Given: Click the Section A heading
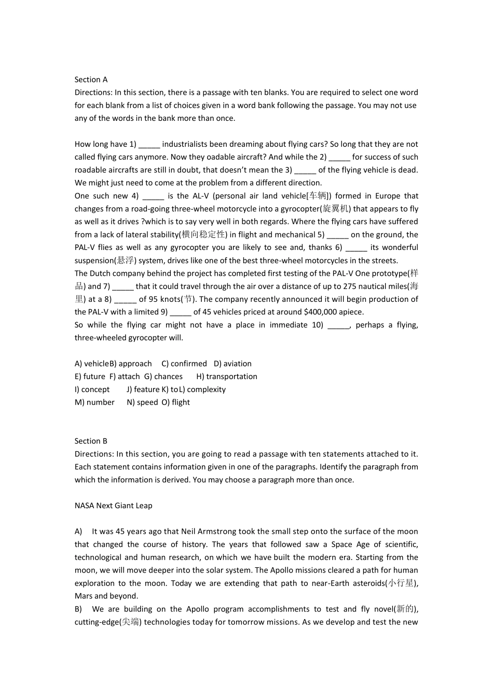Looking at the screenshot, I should pos(91,79).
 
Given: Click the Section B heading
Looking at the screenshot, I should pos(91,441).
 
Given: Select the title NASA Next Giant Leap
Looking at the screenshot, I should pos(113,506).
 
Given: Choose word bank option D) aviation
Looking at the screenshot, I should pos(232,364).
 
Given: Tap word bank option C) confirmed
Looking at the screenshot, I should pos(184,364).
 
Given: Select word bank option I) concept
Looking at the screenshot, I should pos(92,389).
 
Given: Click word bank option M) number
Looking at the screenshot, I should pos(94,402).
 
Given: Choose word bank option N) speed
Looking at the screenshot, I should pos(142,402).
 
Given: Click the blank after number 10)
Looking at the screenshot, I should pos(338,325).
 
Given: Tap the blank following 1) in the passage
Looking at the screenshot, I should pos(149,145).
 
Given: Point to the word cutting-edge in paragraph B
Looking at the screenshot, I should pos(97,622).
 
